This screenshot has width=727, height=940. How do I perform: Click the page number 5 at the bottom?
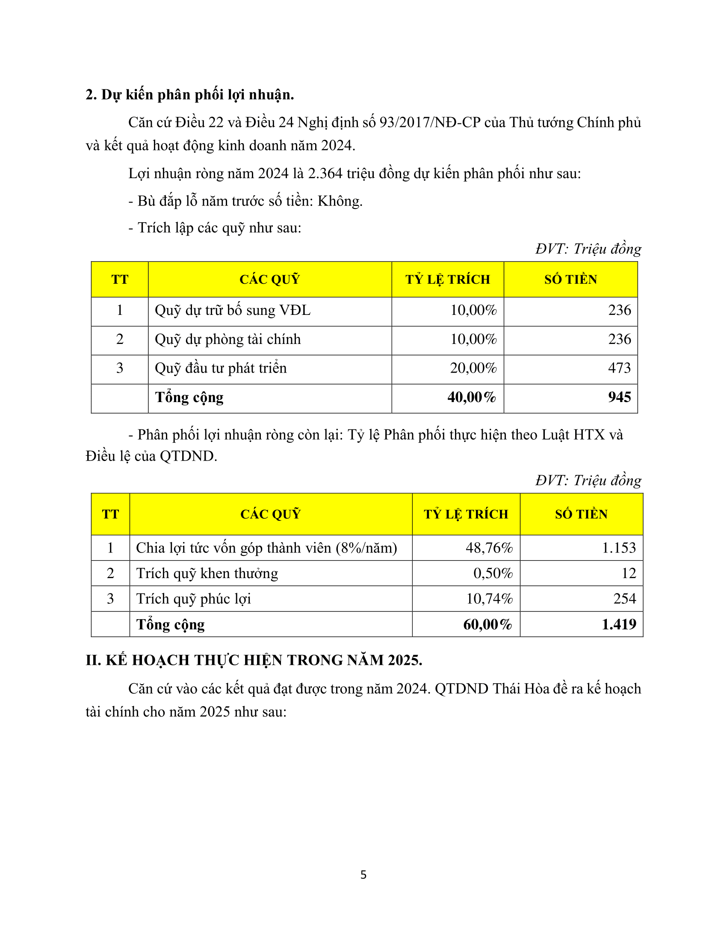click(x=363, y=875)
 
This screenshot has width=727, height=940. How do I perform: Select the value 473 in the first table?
click(x=619, y=368)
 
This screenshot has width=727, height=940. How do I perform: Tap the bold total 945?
click(x=619, y=397)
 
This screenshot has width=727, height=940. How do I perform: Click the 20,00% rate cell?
click(x=473, y=368)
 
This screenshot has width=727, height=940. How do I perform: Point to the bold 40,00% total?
click(x=472, y=397)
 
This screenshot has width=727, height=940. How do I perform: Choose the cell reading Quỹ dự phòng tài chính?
click(x=228, y=340)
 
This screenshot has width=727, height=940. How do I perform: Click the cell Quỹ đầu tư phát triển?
click(x=221, y=368)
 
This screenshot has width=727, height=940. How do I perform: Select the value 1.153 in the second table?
click(x=618, y=548)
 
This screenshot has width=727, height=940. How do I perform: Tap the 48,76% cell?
click(x=489, y=548)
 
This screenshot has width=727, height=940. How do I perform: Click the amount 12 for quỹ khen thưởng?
click(x=629, y=573)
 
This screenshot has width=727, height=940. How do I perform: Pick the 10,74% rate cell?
click(x=489, y=599)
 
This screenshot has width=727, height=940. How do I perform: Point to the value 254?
click(x=624, y=599)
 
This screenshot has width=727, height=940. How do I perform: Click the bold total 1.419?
click(x=618, y=625)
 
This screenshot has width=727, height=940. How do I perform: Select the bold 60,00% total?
click(x=488, y=625)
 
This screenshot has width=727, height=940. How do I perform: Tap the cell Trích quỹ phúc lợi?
click(x=193, y=599)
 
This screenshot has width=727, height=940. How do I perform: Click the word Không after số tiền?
click(x=340, y=201)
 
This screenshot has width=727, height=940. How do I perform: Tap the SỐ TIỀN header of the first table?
click(x=570, y=280)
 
